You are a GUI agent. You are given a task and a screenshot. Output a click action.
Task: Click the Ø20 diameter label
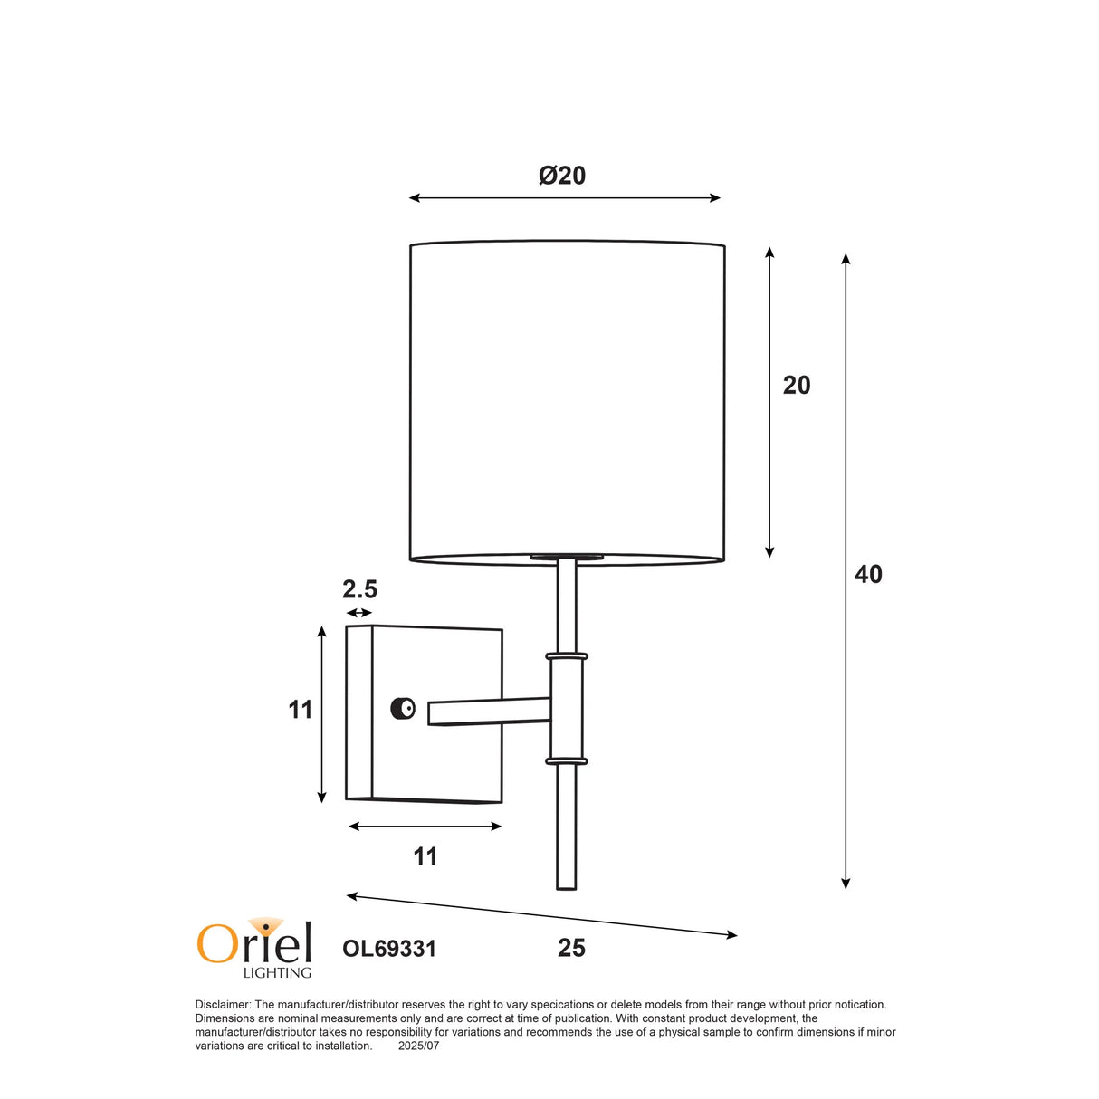(x=562, y=176)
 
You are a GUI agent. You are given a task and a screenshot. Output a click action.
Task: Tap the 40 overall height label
(x=868, y=575)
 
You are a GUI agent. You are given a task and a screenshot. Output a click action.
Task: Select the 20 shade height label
(x=797, y=386)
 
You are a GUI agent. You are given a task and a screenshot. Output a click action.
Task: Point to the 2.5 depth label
(x=359, y=590)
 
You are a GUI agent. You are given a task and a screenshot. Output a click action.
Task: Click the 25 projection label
(x=571, y=949)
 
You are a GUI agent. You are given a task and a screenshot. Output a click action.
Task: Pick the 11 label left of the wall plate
(x=301, y=710)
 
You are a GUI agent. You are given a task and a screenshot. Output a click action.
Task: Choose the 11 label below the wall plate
(x=425, y=856)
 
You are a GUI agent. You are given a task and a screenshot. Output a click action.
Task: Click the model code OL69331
(x=389, y=949)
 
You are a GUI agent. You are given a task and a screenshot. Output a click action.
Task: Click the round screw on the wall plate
(x=403, y=709)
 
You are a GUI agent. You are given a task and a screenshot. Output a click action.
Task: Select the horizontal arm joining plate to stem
(x=489, y=711)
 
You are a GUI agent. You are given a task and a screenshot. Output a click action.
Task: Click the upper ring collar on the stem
(x=567, y=655)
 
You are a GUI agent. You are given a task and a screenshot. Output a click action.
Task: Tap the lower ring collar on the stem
(x=567, y=761)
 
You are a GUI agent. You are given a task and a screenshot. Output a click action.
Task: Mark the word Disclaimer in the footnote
(x=222, y=1005)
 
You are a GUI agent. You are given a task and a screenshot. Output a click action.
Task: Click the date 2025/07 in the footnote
(x=418, y=1046)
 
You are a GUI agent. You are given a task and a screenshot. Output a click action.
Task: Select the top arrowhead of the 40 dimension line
(x=846, y=259)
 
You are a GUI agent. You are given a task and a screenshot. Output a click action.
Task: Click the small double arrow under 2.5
(x=359, y=614)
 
